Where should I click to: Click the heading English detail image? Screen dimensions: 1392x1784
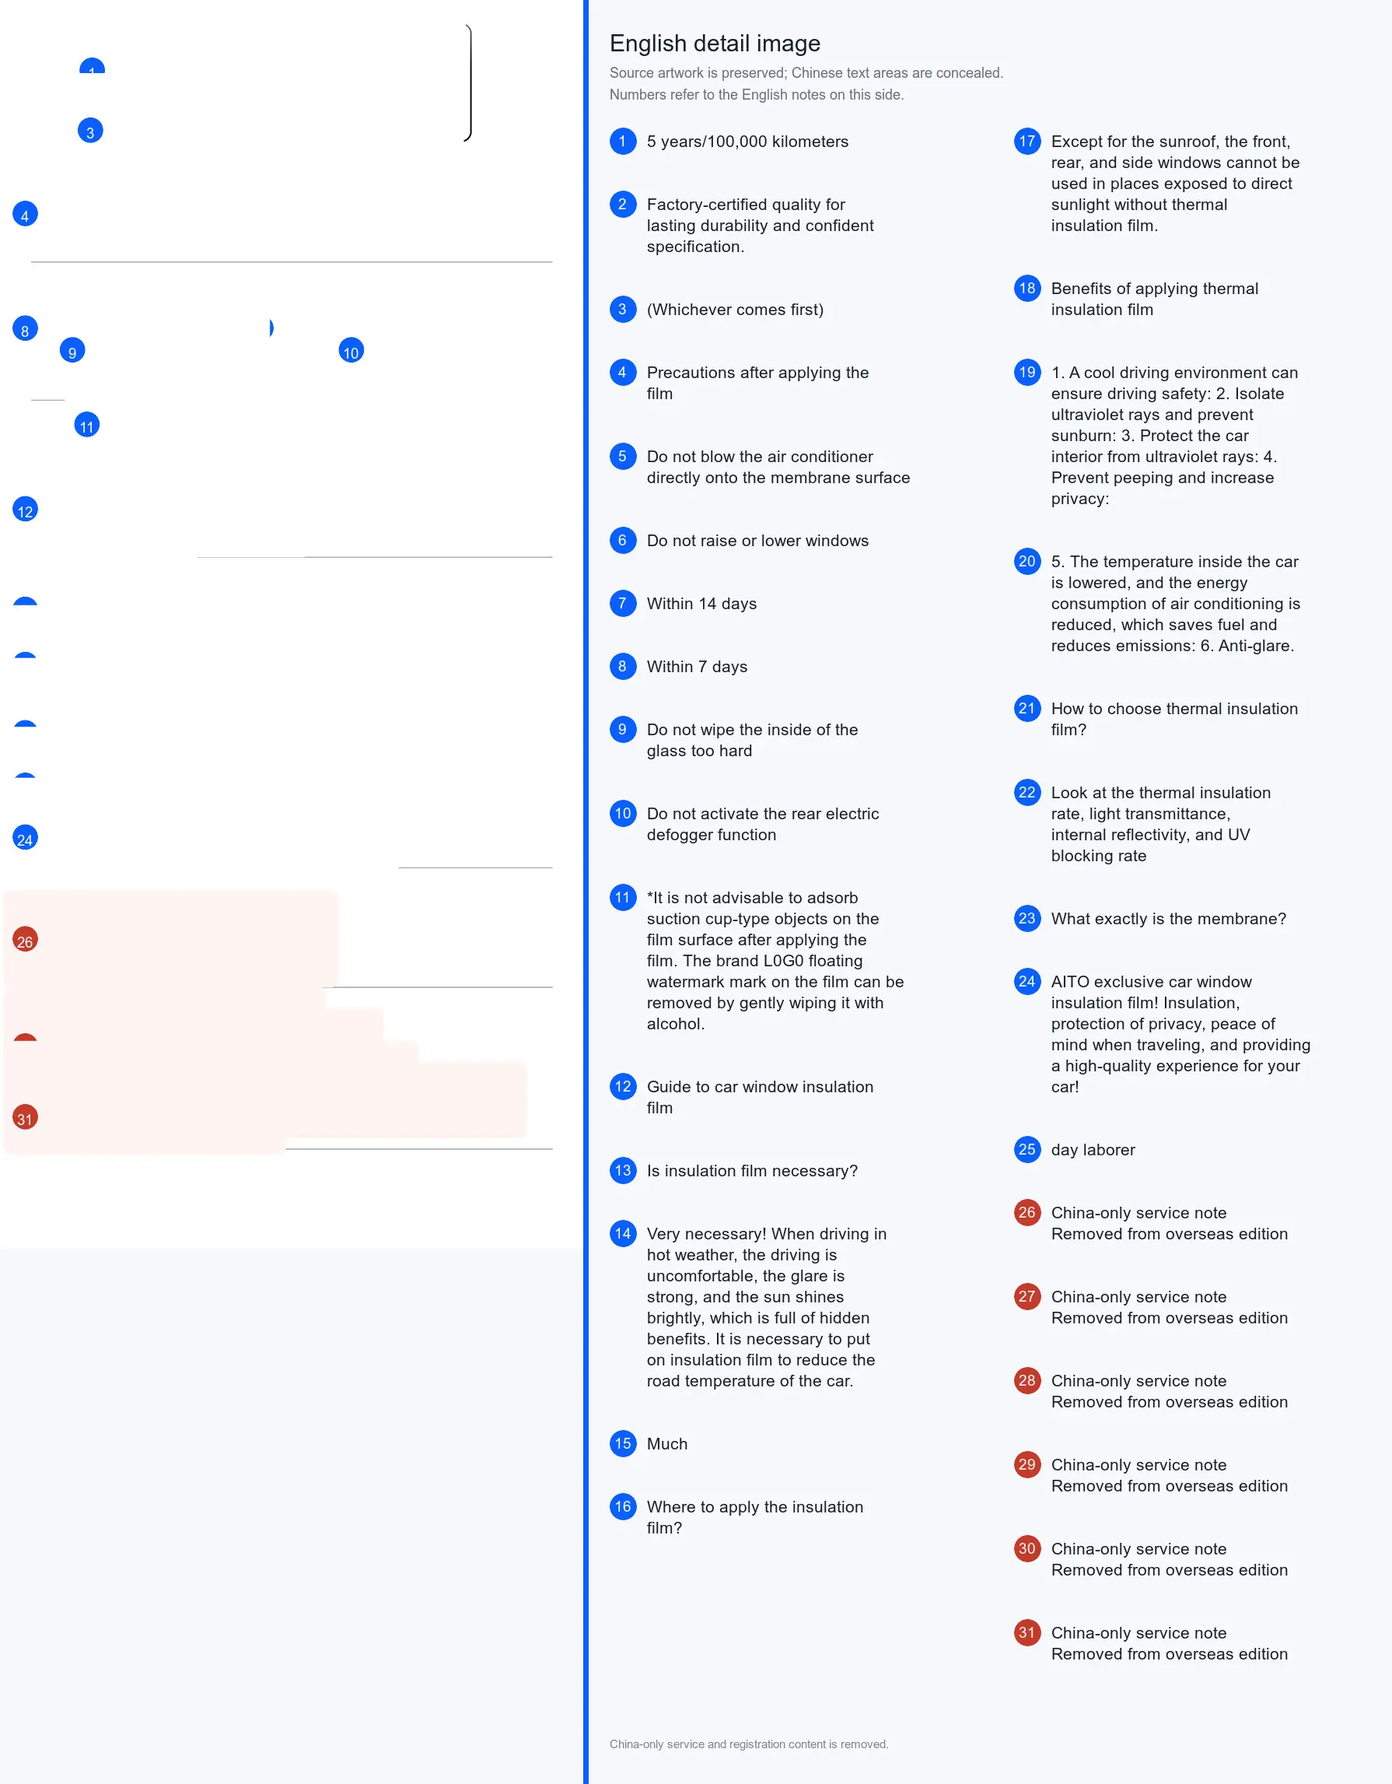pyautogui.click(x=715, y=44)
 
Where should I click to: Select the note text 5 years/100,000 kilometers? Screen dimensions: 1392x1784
pyautogui.click(x=747, y=142)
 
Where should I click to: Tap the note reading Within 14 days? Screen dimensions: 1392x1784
pyautogui.click(x=701, y=604)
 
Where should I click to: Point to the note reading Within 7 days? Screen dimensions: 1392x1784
pyautogui.click(x=697, y=667)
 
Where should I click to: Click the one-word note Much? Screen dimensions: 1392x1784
pyautogui.click(x=667, y=1443)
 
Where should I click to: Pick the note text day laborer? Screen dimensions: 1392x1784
pyautogui.click(x=1093, y=1149)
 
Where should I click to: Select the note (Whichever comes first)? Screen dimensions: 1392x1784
pyautogui.click(x=735, y=310)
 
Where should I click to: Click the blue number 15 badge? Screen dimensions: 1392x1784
pyautogui.click(x=623, y=1443)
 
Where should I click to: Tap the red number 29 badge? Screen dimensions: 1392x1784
pyautogui.click(x=1027, y=1464)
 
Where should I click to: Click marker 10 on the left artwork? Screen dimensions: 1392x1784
pyautogui.click(x=351, y=351)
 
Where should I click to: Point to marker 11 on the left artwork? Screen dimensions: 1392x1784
pyautogui.click(x=86, y=426)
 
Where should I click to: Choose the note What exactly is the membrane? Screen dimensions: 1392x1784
pyautogui.click(x=1168, y=919)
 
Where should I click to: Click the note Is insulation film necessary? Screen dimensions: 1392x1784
pyautogui.click(x=752, y=1171)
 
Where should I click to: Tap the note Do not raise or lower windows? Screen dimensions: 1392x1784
pyautogui.click(x=757, y=541)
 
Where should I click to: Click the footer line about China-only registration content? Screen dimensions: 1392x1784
pyautogui.click(x=749, y=1744)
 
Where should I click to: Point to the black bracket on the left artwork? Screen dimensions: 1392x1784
pyautogui.click(x=470, y=82)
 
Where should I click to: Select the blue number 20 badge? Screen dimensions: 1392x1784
pyautogui.click(x=1027, y=561)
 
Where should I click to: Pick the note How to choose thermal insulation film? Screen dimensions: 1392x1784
pyautogui.click(x=1174, y=719)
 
